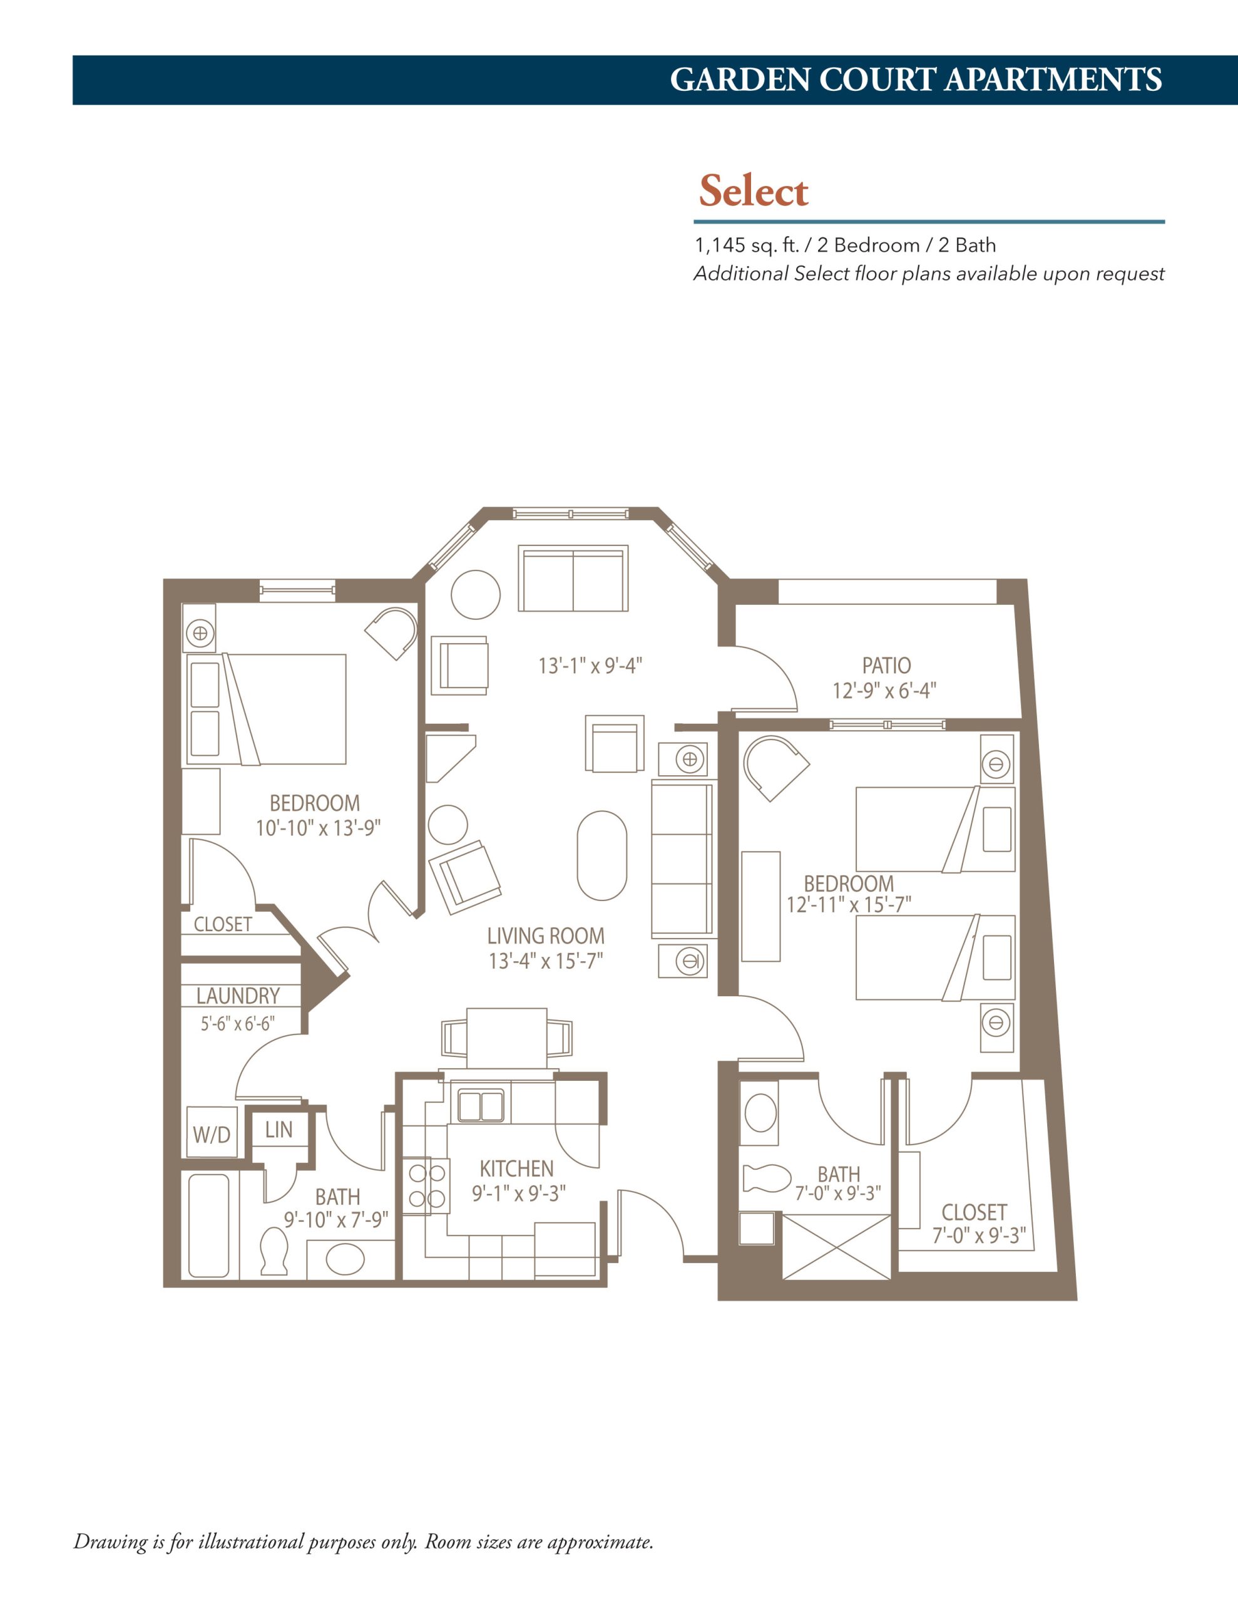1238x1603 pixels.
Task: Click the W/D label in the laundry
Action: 212,1135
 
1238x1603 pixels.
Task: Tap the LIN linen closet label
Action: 279,1130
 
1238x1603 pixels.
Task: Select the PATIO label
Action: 886,666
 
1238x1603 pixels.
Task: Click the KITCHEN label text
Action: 516,1168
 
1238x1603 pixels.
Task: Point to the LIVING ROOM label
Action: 546,936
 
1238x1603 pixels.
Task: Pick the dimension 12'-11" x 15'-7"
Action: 849,904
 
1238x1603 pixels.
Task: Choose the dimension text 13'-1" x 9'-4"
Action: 591,666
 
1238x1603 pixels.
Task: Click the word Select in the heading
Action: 754,191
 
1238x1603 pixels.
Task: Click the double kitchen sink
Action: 481,1105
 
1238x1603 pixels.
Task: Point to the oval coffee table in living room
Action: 601,855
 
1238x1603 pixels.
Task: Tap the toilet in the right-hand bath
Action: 767,1178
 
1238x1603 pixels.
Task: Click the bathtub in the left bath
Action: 209,1225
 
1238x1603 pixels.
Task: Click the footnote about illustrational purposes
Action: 363,1542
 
